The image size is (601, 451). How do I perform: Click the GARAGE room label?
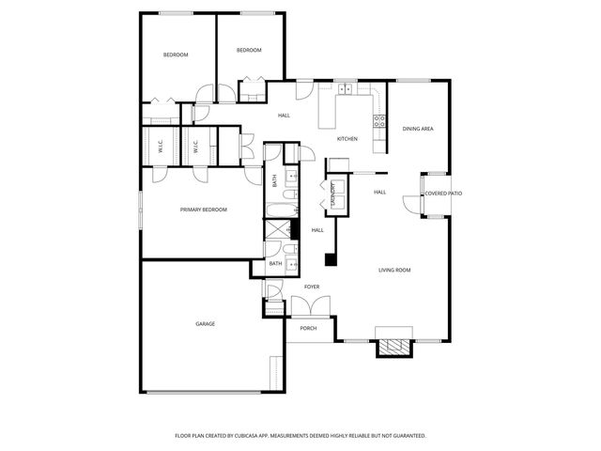pos(205,324)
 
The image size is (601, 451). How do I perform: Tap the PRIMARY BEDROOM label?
pos(204,210)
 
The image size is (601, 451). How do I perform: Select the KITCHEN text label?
pos(347,139)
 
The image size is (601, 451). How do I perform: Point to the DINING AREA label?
pos(418,129)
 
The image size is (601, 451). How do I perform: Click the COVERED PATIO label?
pos(443,194)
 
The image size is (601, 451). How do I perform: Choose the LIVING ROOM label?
pos(394,270)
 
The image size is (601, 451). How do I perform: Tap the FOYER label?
pos(312,287)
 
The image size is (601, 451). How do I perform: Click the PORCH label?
pos(308,329)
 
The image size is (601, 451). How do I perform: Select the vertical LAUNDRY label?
pos(333,194)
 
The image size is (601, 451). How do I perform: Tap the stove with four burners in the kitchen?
pos(380,120)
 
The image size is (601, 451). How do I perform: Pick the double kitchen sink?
pos(345,90)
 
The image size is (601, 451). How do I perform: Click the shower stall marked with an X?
pos(277,228)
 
